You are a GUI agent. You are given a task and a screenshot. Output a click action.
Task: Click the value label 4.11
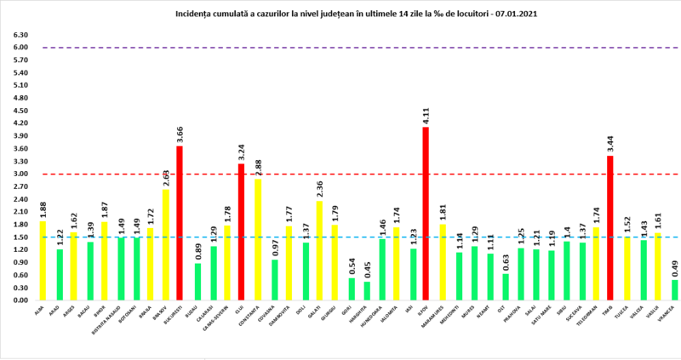(x=428, y=115)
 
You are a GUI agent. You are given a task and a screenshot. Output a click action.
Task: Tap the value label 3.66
(x=180, y=134)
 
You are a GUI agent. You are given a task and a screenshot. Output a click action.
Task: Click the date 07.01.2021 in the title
(x=513, y=14)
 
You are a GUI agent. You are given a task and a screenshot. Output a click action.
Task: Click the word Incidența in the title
(x=197, y=14)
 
